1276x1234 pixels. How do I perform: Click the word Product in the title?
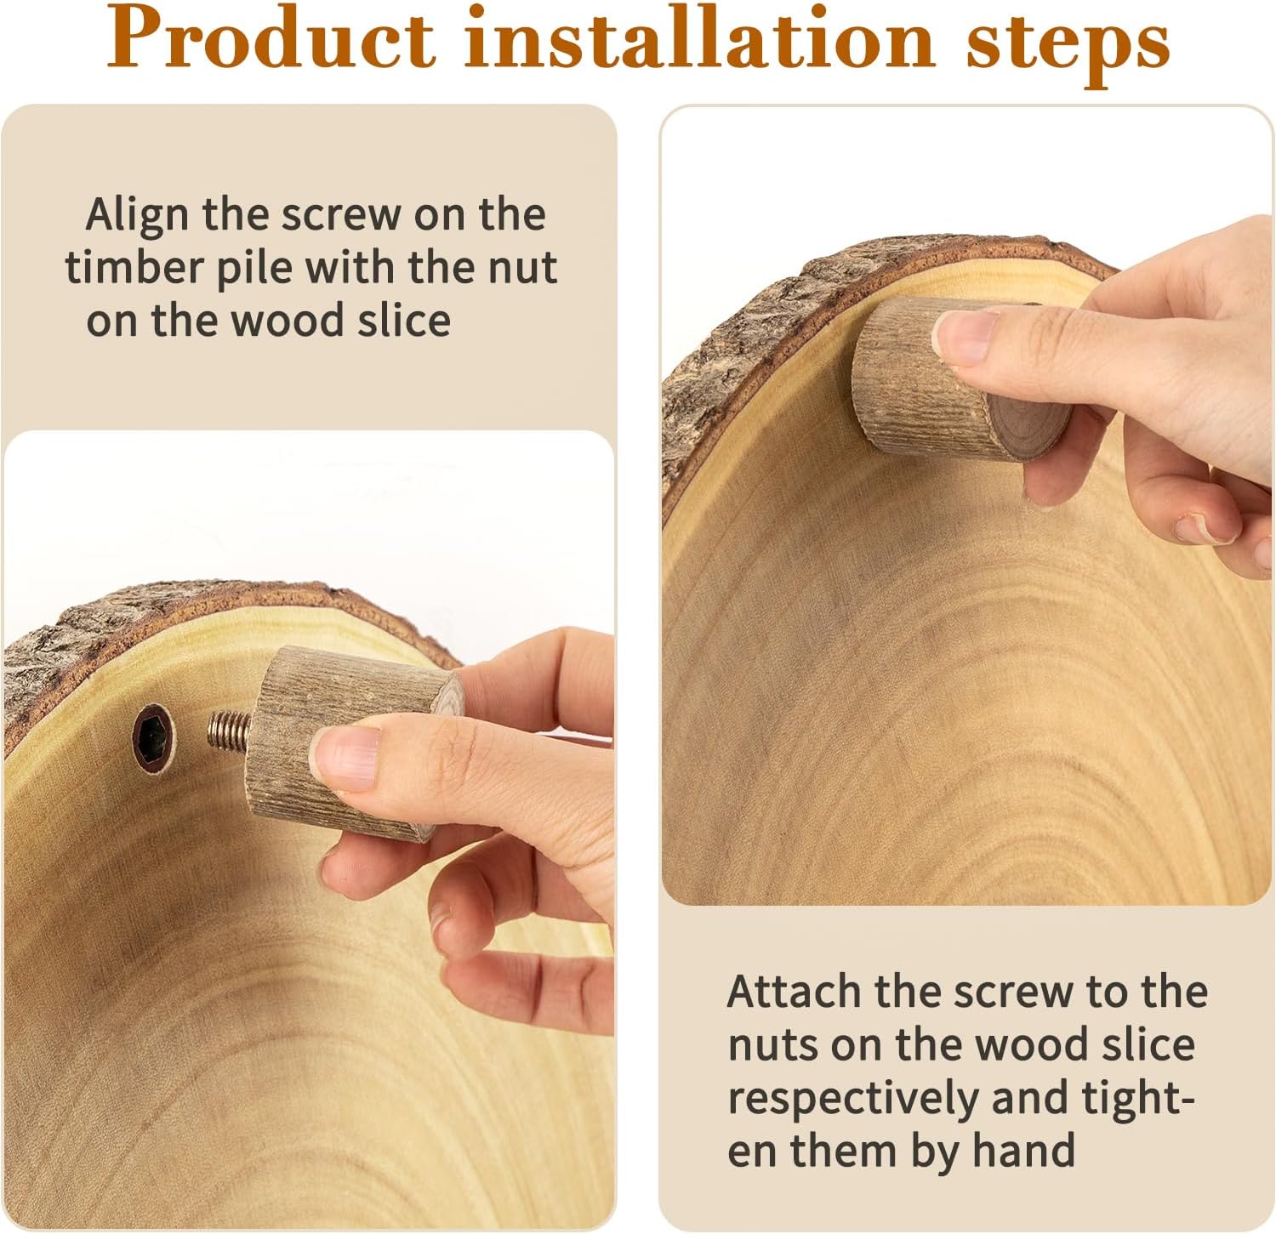[271, 41]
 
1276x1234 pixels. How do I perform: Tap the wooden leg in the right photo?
[962, 378]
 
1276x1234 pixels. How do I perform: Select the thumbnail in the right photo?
[966, 337]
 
